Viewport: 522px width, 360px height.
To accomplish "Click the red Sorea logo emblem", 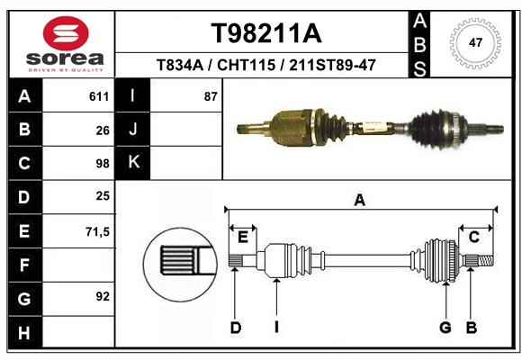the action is click(x=66, y=33).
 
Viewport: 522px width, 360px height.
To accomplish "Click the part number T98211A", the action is click(x=266, y=33).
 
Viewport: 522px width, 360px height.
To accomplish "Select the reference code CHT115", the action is click(x=247, y=65).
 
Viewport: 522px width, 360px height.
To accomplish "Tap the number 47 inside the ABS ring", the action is click(x=475, y=42).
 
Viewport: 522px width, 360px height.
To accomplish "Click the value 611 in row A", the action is click(x=99, y=96).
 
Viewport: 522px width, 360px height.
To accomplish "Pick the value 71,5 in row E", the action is click(x=97, y=231).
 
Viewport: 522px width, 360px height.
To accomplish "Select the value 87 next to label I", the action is click(x=211, y=96).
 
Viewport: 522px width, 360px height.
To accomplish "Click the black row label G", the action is click(x=24, y=299).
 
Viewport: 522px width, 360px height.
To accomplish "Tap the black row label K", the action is click(x=133, y=162).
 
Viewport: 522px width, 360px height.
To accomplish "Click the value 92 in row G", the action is click(x=103, y=296).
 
